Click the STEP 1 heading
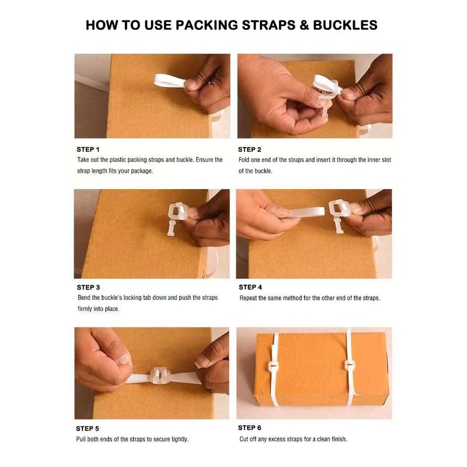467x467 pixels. tap(88, 149)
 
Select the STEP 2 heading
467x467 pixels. tap(250, 149)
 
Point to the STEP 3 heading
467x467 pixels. tap(88, 287)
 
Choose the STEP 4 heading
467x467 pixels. tap(250, 287)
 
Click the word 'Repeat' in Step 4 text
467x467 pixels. tap(250, 298)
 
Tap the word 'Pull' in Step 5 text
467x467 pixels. tap(82, 439)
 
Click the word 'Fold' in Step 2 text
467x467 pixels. tap(246, 159)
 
